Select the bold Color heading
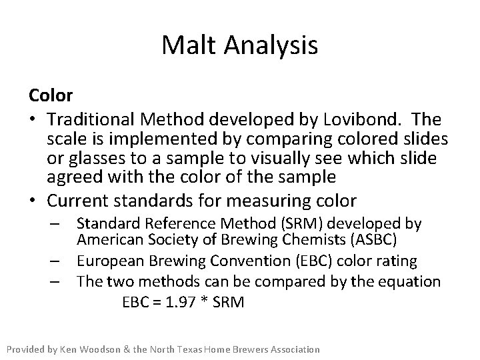50,95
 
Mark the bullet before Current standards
33,200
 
